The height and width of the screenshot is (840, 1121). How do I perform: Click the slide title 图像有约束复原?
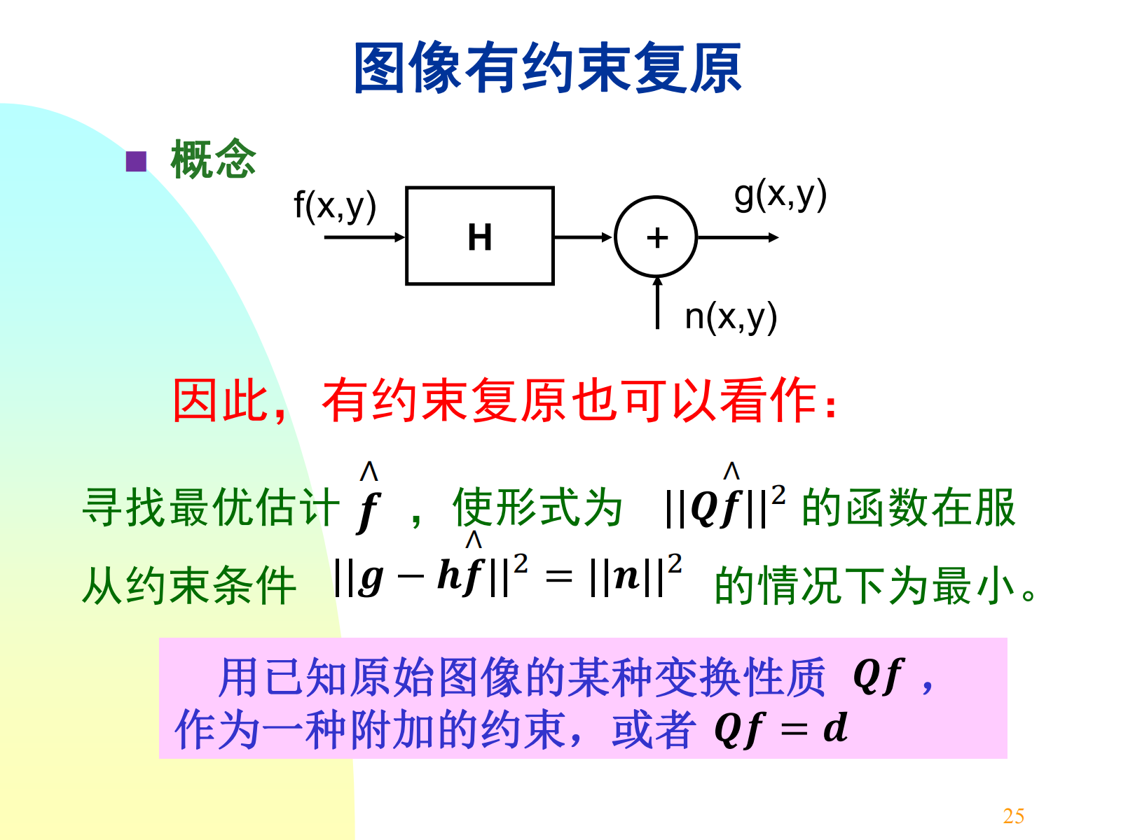pos(547,68)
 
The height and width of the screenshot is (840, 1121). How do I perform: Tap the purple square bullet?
pos(136,162)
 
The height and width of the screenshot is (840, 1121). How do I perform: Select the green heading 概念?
pos(213,159)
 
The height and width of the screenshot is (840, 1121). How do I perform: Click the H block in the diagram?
pos(480,236)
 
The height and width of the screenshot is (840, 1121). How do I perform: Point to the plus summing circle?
pos(656,237)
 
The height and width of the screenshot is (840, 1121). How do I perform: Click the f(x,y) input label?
pos(335,206)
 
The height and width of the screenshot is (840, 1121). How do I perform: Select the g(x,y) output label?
pos(780,195)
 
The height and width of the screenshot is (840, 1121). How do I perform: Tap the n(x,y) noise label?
pos(731,316)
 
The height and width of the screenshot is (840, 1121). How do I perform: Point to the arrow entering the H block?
pos(364,237)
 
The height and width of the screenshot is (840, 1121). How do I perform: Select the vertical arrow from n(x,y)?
pos(657,302)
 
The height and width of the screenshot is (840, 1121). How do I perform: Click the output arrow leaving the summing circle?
pos(737,237)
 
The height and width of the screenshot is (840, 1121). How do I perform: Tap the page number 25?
pos(1013,815)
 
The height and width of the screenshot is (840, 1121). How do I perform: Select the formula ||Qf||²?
pos(724,505)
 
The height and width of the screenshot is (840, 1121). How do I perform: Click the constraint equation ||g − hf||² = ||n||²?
pos(508,577)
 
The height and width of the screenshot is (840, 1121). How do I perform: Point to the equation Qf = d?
pos(780,729)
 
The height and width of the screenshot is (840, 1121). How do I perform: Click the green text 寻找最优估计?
pos(210,507)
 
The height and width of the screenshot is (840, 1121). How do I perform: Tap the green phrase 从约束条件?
pos(189,584)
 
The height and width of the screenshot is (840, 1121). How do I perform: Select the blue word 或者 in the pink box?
pos(653,729)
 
